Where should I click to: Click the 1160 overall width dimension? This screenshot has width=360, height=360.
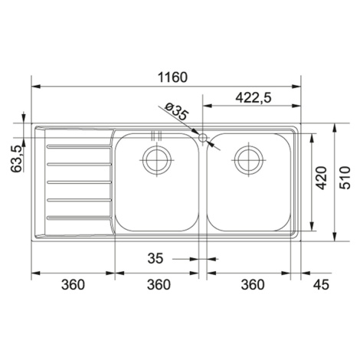[x=172, y=77]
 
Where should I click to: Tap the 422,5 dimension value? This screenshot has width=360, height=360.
[x=253, y=97]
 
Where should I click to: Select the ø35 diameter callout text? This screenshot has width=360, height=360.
[x=176, y=112]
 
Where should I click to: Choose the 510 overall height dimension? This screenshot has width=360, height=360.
[x=345, y=178]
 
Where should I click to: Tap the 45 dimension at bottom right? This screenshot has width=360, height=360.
[x=321, y=284]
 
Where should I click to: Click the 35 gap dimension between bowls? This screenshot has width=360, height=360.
[x=155, y=258]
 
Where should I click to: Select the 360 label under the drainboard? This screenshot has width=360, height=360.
[x=73, y=284]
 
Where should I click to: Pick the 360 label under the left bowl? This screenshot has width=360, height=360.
[x=159, y=284]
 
